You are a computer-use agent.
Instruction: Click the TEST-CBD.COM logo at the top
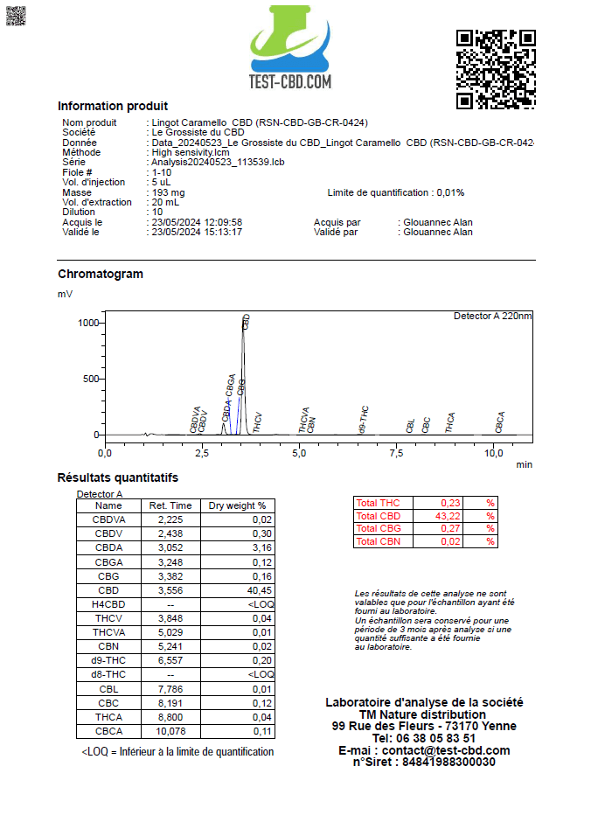[290, 49]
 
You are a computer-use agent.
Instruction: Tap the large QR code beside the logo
[496, 69]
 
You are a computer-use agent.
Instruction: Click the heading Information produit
[113, 106]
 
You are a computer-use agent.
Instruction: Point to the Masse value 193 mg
[168, 192]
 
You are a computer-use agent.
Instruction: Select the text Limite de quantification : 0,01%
[396, 192]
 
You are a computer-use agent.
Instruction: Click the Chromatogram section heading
[101, 274]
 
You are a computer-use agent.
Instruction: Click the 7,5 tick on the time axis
[397, 452]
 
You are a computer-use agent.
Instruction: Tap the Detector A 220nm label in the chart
[492, 316]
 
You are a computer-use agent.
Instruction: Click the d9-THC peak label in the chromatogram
[364, 421]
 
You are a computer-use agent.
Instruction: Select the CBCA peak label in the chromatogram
[500, 422]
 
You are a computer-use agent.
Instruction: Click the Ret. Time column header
[170, 505]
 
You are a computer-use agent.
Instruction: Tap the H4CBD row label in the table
[108, 604]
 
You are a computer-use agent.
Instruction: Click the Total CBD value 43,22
[449, 516]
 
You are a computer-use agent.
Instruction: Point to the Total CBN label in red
[378, 542]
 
